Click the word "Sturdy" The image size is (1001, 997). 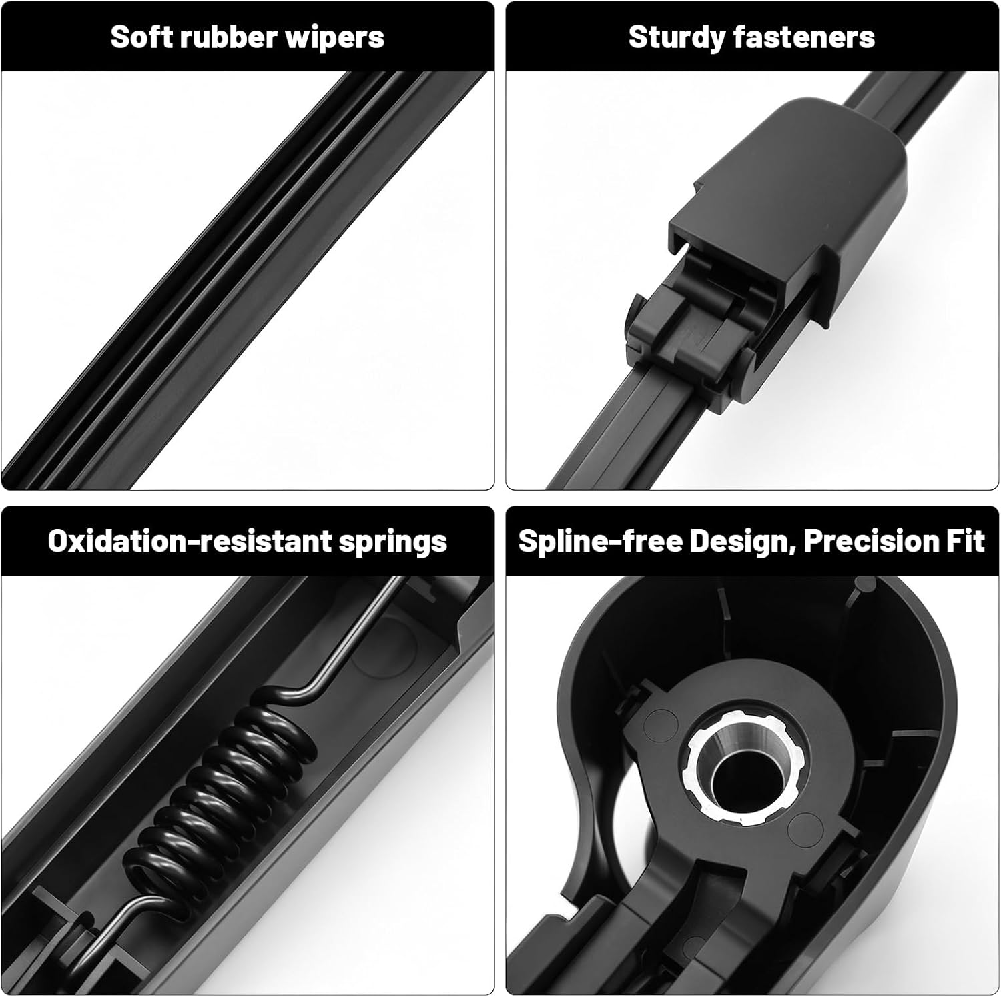(675, 38)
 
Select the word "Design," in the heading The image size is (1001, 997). (741, 542)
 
